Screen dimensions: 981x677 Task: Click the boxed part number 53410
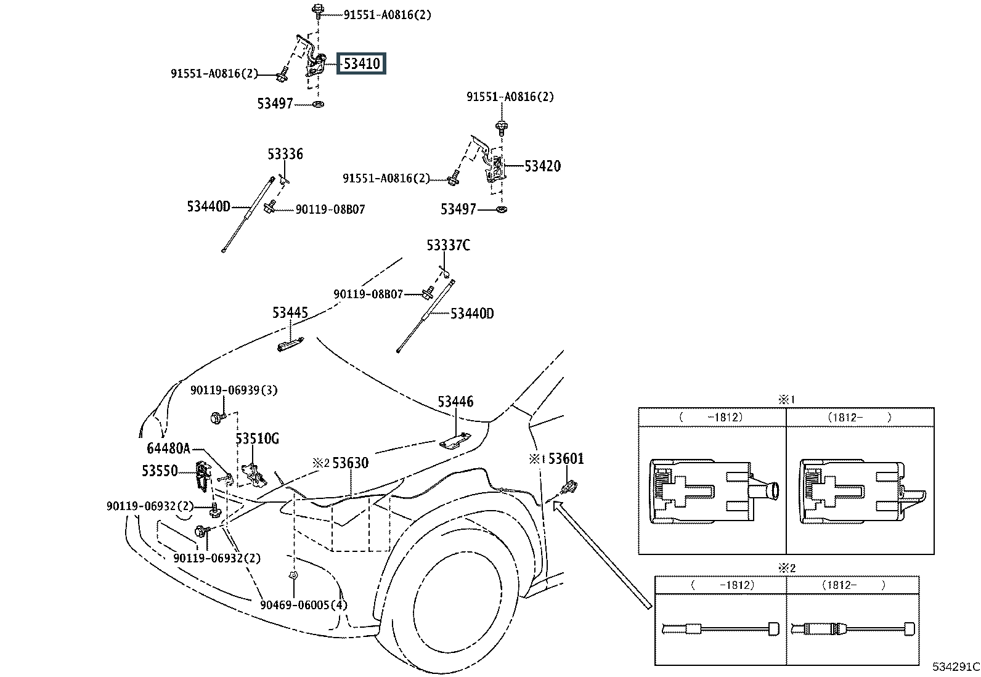coord(361,63)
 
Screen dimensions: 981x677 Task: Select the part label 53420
coord(543,166)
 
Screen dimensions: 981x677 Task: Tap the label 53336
coord(285,154)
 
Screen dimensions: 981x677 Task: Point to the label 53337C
coord(449,245)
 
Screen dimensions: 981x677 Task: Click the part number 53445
coord(290,313)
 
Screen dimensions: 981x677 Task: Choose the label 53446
coord(455,402)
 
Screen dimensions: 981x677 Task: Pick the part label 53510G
coord(257,439)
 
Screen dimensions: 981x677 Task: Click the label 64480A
coord(169,448)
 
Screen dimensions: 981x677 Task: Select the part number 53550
coord(160,471)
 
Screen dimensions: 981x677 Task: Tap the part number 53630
coord(351,463)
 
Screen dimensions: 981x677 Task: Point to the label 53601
coord(566,458)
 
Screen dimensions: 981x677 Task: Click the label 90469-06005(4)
coord(304,605)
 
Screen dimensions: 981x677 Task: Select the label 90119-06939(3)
coord(234,390)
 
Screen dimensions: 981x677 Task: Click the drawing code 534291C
coord(956,667)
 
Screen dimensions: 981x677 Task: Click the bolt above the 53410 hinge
coord(318,10)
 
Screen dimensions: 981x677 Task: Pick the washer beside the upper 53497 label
coord(319,104)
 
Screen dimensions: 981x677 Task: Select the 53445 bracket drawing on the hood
coord(290,344)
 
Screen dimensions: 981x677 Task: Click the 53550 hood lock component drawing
coord(202,476)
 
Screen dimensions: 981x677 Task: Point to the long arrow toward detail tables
coord(602,555)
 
